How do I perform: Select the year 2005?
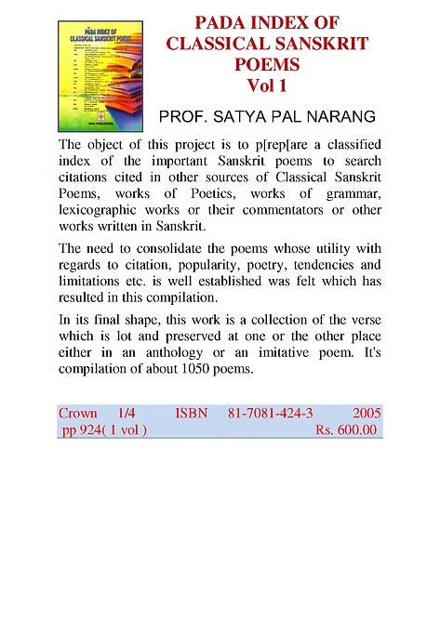click(366, 412)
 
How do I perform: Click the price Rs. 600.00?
click(346, 429)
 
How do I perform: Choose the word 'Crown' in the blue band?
click(78, 412)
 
